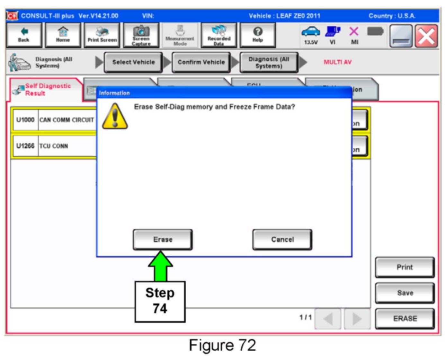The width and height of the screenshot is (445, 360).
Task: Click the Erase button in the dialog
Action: coord(163,240)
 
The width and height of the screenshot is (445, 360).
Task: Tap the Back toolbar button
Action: coord(24,35)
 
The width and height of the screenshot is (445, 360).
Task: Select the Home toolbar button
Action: coord(63,35)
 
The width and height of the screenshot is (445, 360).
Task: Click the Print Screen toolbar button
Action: coord(102,35)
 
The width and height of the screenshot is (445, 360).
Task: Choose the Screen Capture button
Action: coord(141,35)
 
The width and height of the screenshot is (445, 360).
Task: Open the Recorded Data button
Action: coord(219,35)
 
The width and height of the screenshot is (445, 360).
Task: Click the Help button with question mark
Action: coord(257,35)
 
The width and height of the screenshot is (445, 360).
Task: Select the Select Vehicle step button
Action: coord(133,62)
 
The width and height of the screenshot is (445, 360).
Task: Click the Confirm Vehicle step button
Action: coord(201,62)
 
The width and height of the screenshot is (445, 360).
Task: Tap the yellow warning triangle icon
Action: coord(115,117)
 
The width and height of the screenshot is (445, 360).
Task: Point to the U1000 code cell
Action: coord(25,120)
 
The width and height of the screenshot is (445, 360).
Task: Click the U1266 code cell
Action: coord(25,146)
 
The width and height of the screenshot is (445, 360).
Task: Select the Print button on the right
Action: coord(405,267)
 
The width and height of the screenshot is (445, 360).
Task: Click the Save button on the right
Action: coord(405,293)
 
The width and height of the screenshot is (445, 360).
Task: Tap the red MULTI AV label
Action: coord(337,62)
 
